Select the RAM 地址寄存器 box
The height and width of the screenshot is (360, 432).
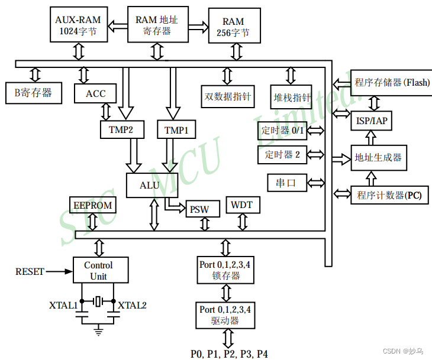pos(157,25)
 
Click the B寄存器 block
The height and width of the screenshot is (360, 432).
pos(33,93)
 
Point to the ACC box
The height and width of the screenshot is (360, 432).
pos(95,93)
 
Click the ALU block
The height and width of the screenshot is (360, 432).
pos(149,185)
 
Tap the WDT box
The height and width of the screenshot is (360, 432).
pos(241,205)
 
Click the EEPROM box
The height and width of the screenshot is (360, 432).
pos(92,205)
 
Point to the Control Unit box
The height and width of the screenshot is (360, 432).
pos(98,270)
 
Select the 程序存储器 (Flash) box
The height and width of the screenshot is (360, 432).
pos(391,82)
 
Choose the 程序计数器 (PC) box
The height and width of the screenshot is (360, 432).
pos(389,194)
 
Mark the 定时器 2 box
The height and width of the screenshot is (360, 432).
pos(282,155)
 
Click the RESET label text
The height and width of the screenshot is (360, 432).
pos(30,271)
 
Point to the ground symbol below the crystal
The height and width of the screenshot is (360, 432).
pos(98,329)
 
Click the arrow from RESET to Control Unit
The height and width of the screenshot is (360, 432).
pos(59,271)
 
